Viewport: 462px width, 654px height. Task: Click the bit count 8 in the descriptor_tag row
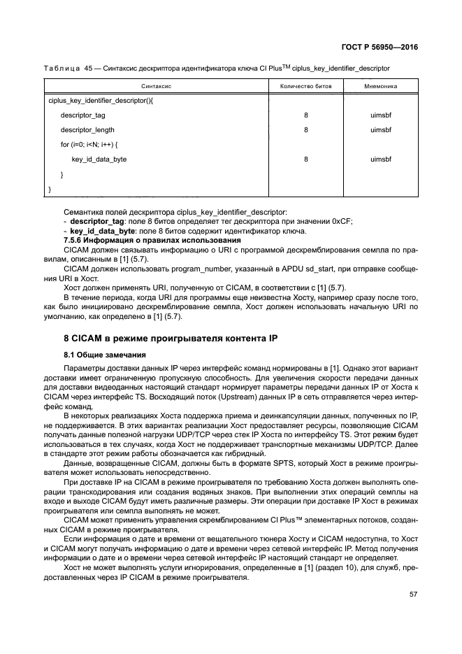click(306, 115)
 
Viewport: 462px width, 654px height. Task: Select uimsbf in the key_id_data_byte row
click(381, 159)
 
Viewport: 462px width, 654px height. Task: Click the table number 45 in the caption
click(88, 68)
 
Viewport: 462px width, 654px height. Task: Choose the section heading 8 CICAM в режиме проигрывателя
click(171, 339)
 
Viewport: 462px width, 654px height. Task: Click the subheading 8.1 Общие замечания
click(103, 355)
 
